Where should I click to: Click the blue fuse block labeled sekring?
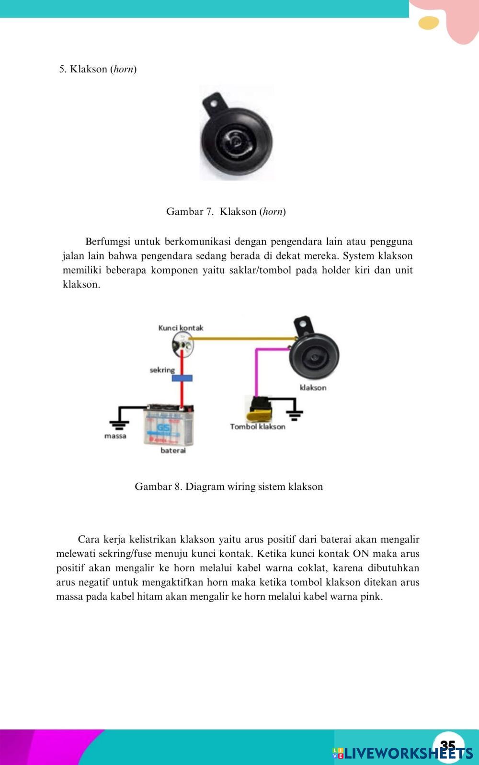[182, 378]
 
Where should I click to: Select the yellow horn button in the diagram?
[257, 408]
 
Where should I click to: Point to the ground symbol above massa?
[118, 422]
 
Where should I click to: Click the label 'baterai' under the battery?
[173, 451]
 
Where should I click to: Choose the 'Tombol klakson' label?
[258, 426]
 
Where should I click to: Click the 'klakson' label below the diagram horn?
[313, 387]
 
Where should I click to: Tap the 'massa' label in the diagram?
[115, 436]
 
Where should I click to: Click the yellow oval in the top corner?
[428, 23]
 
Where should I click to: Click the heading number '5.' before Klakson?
[63, 69]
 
